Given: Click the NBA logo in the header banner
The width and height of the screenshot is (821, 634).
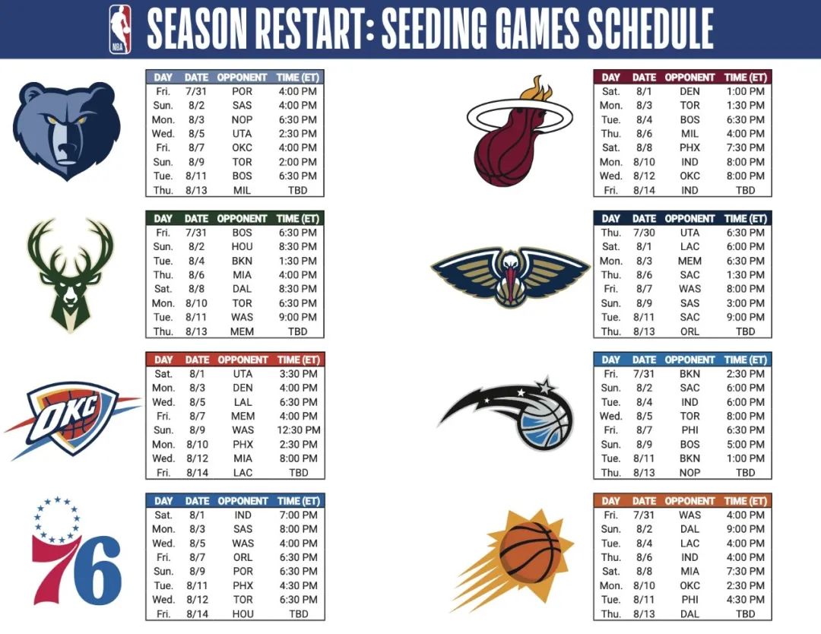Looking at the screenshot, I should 119,29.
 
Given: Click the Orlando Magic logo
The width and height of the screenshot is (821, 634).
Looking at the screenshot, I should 510,414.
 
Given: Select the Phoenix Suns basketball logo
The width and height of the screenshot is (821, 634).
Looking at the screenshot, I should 524,553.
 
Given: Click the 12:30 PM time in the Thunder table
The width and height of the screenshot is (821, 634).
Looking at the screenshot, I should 299,430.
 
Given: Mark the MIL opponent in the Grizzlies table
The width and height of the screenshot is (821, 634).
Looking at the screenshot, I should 242,190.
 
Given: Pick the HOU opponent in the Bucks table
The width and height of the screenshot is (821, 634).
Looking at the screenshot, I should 242,246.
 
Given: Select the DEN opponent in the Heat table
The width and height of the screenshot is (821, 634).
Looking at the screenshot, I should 689,91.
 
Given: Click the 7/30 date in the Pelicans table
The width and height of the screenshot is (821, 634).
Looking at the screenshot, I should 644,233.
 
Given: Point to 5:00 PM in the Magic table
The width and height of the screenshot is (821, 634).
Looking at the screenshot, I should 746,445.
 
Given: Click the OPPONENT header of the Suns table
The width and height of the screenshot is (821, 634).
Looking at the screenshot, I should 689,501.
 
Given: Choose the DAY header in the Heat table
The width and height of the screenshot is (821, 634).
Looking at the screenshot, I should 611,77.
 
